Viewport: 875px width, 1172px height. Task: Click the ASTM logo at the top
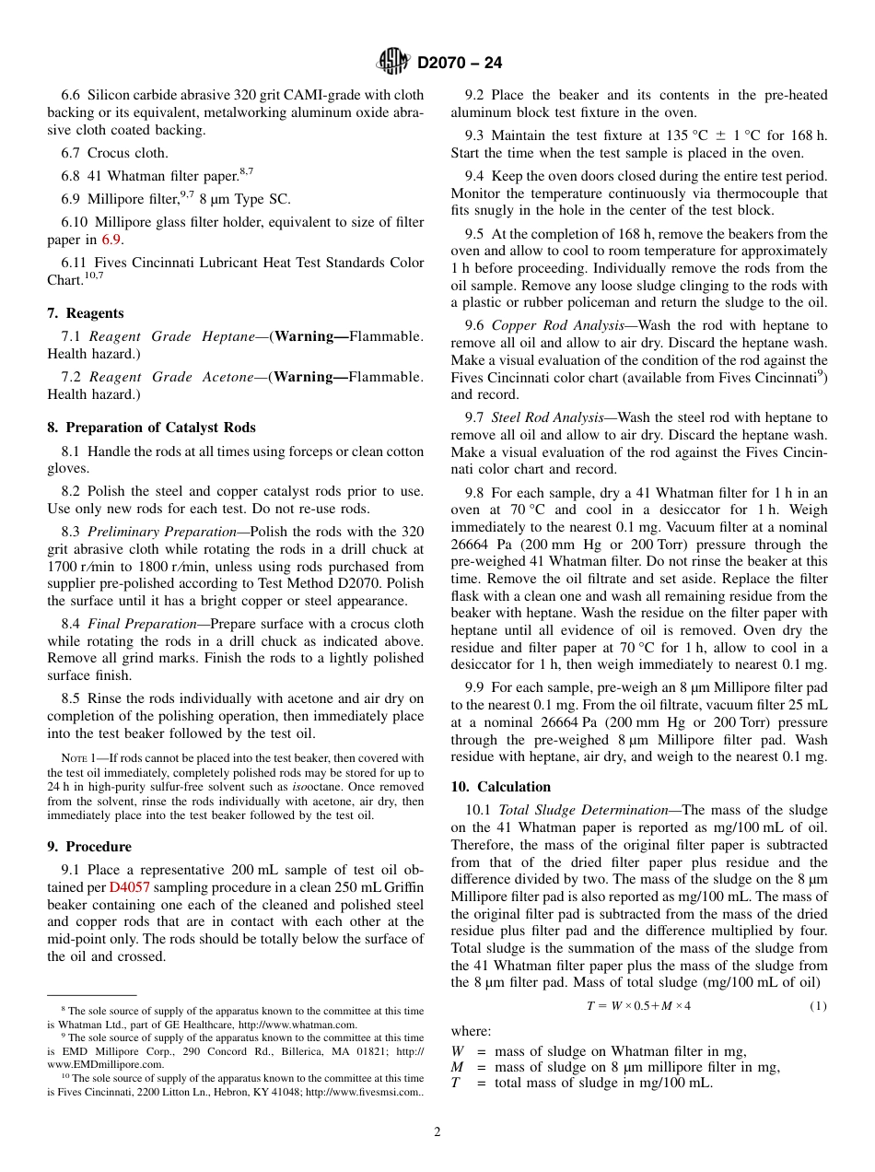click(x=394, y=63)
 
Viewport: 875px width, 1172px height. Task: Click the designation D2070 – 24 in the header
click(x=460, y=64)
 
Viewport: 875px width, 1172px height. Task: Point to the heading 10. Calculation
click(x=500, y=787)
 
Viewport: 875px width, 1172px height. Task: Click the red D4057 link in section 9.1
click(x=126, y=887)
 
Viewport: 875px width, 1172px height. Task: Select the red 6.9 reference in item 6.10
click(x=111, y=240)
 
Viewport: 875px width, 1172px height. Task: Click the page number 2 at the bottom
click(x=437, y=1132)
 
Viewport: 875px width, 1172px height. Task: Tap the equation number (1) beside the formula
click(x=818, y=1006)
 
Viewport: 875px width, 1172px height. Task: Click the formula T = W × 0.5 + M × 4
click(x=638, y=1006)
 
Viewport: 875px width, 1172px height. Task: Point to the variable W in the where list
click(x=457, y=1051)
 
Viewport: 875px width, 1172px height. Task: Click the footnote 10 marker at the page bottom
click(x=65, y=1076)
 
